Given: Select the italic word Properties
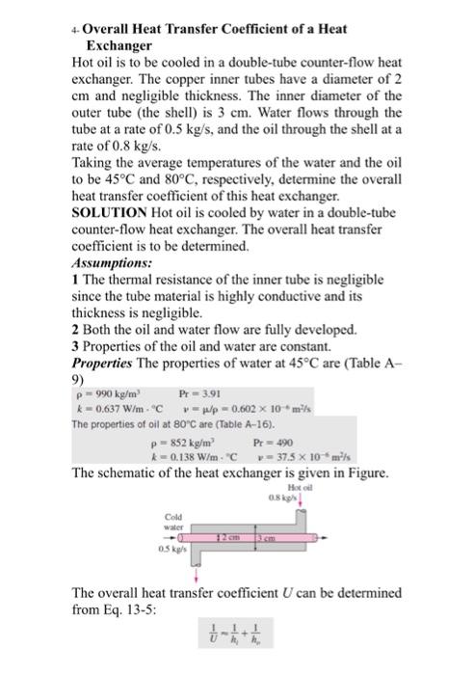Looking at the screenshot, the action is click(x=106, y=363).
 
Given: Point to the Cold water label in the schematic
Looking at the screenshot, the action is click(x=172, y=521).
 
